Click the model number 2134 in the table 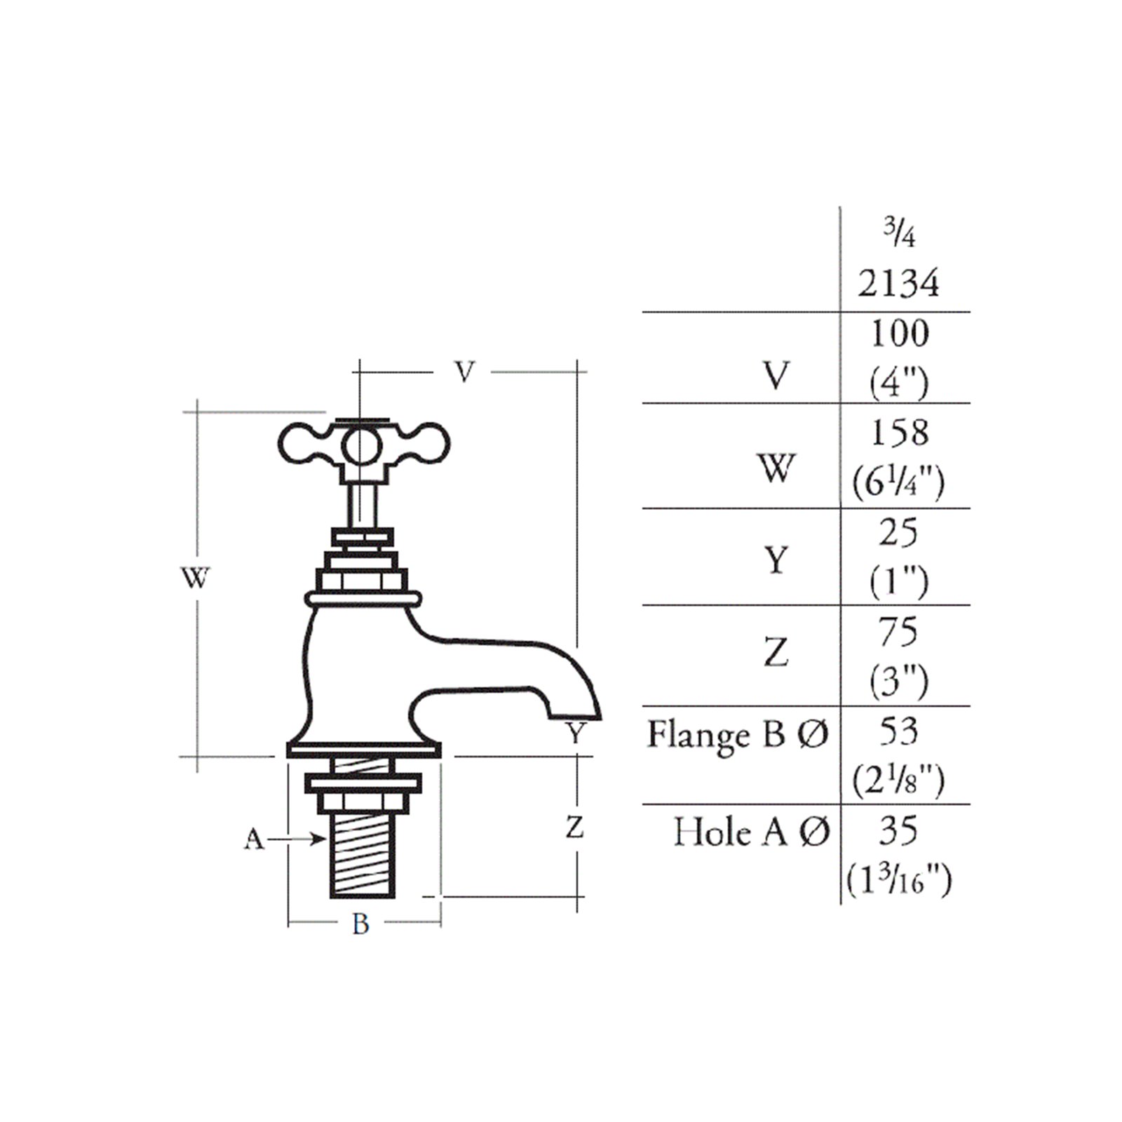898,284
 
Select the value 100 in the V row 900,333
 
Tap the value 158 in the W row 900,433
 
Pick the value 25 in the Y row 898,533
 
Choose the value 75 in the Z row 898,632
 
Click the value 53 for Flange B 898,731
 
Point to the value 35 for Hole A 898,831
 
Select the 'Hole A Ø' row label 752,833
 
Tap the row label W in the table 776,468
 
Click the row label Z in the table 776,653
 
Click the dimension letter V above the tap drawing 464,372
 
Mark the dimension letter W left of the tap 195,579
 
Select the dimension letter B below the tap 360,924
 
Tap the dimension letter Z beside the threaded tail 574,828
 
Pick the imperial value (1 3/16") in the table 898,881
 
